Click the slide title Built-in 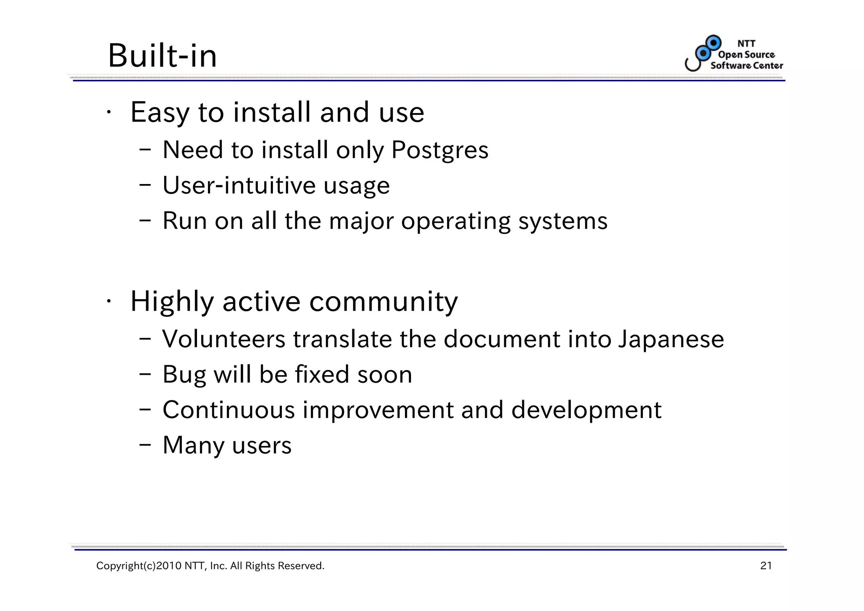click(x=162, y=56)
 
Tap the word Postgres click(x=440, y=150)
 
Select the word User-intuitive click(x=239, y=186)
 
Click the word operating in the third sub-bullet click(x=455, y=221)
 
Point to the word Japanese click(x=671, y=339)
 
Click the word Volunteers click(x=224, y=339)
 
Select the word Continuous click(x=229, y=410)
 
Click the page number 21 click(x=766, y=566)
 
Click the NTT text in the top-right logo click(x=746, y=43)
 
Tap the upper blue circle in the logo click(x=714, y=43)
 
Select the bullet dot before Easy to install click(x=108, y=112)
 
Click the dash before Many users click(x=145, y=445)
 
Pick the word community click(x=383, y=302)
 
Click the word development click(x=586, y=410)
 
